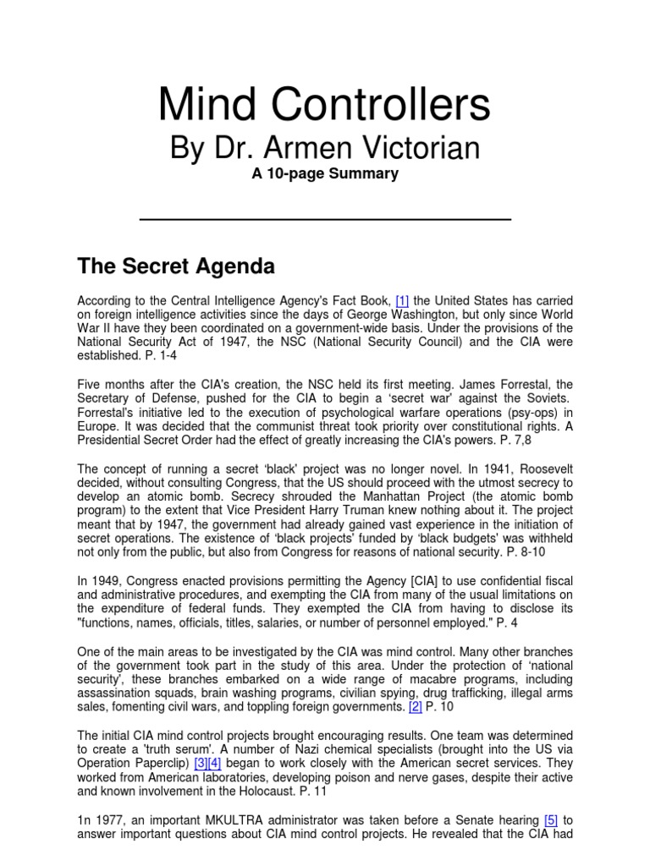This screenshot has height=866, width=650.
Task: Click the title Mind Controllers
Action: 324,107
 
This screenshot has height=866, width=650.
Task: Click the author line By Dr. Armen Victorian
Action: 324,148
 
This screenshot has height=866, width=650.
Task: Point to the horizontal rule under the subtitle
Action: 324,219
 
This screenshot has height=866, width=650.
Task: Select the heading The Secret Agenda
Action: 176,267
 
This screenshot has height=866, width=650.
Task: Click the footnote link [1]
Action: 402,300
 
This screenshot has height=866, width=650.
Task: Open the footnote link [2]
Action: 414,706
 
